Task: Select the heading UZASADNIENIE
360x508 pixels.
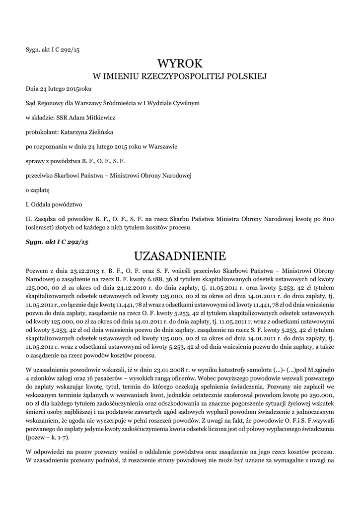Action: coord(180,256)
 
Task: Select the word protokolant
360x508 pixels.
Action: coord(41,132)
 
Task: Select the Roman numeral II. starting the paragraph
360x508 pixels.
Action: coord(29,218)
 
